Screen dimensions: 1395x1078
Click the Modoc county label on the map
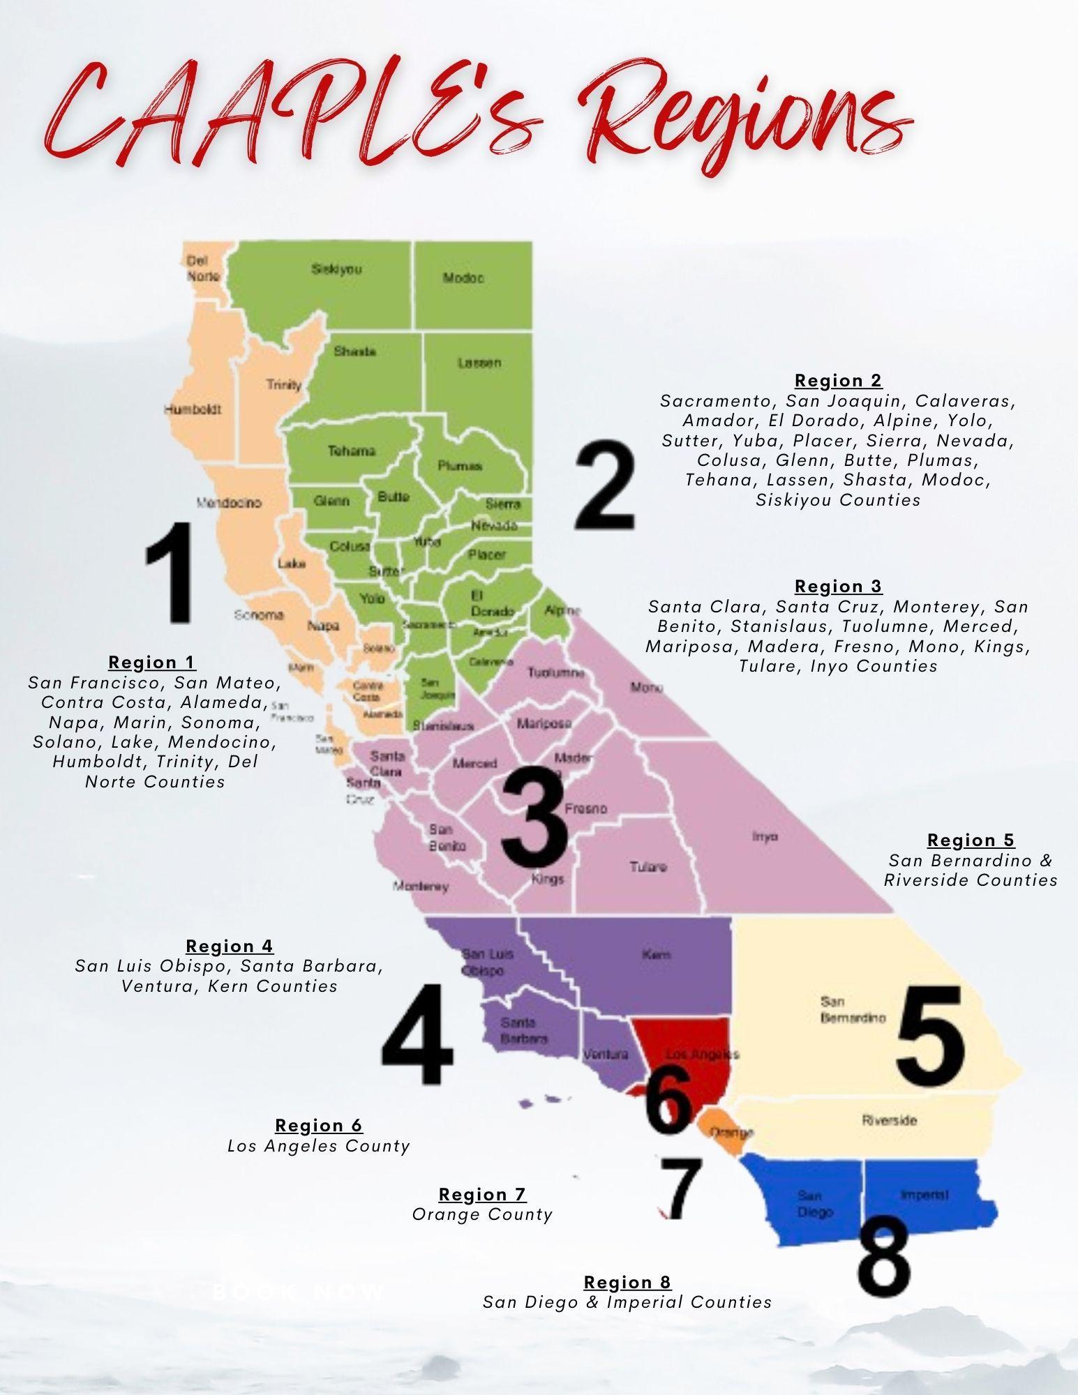[x=463, y=278]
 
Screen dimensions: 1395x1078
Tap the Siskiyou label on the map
[x=336, y=269]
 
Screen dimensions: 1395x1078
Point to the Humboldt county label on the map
[x=193, y=409]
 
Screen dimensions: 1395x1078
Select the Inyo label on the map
[x=765, y=836]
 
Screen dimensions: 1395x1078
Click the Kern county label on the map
[x=657, y=954]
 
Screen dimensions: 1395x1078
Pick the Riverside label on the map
[x=890, y=1121]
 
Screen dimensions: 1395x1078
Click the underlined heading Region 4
[x=230, y=947]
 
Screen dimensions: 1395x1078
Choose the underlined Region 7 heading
[x=482, y=1195]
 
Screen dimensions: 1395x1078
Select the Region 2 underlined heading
[x=838, y=381]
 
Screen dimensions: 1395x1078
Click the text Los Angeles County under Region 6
[x=319, y=1146]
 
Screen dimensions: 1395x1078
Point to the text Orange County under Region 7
[x=482, y=1215]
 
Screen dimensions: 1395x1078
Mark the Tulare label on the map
[x=648, y=867]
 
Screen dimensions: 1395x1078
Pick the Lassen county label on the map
[x=479, y=363]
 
